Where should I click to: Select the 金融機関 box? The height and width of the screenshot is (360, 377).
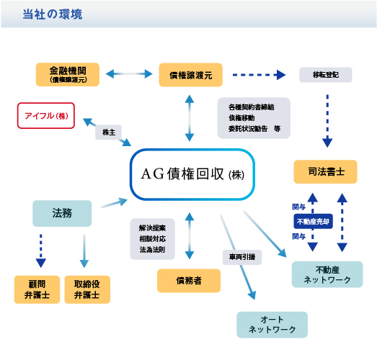[68, 75]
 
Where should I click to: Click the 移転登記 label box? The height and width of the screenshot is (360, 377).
[324, 74]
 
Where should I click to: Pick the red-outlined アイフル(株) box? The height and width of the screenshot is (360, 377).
[46, 115]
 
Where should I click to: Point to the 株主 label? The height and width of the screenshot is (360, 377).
[107, 132]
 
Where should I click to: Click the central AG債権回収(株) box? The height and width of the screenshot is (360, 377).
[193, 174]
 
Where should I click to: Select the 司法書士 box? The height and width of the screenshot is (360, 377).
[324, 172]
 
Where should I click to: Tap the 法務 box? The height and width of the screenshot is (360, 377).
[62, 213]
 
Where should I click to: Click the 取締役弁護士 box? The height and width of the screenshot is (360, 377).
[87, 289]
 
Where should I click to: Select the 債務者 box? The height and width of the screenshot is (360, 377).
[189, 280]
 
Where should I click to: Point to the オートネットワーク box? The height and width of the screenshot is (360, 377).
[272, 325]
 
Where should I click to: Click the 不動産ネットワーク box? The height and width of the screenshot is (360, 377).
[327, 274]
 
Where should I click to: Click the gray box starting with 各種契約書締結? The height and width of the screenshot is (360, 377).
[254, 117]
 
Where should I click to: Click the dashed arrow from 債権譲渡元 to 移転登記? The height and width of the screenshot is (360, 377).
[260, 74]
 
